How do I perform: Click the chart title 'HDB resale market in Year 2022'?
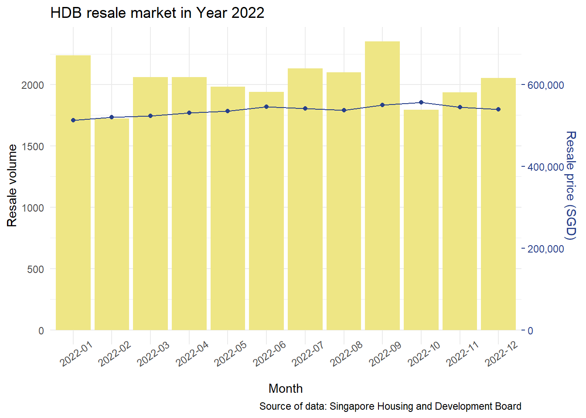tap(157, 13)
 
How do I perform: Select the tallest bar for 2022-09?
tap(382, 187)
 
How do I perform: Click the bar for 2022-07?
tap(305, 200)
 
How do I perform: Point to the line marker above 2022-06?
tap(266, 107)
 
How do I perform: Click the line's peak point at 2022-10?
tap(421, 102)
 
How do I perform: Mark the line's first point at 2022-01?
tap(73, 120)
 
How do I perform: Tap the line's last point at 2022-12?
tap(498, 109)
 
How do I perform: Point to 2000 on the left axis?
tap(33, 85)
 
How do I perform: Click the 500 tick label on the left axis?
tap(35, 270)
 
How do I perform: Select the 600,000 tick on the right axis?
tap(545, 85)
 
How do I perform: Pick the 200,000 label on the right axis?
tap(545, 249)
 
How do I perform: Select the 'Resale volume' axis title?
tap(12, 185)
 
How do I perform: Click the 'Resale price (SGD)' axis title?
tap(570, 185)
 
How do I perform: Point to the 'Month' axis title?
tap(286, 388)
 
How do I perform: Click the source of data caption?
tap(390, 406)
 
